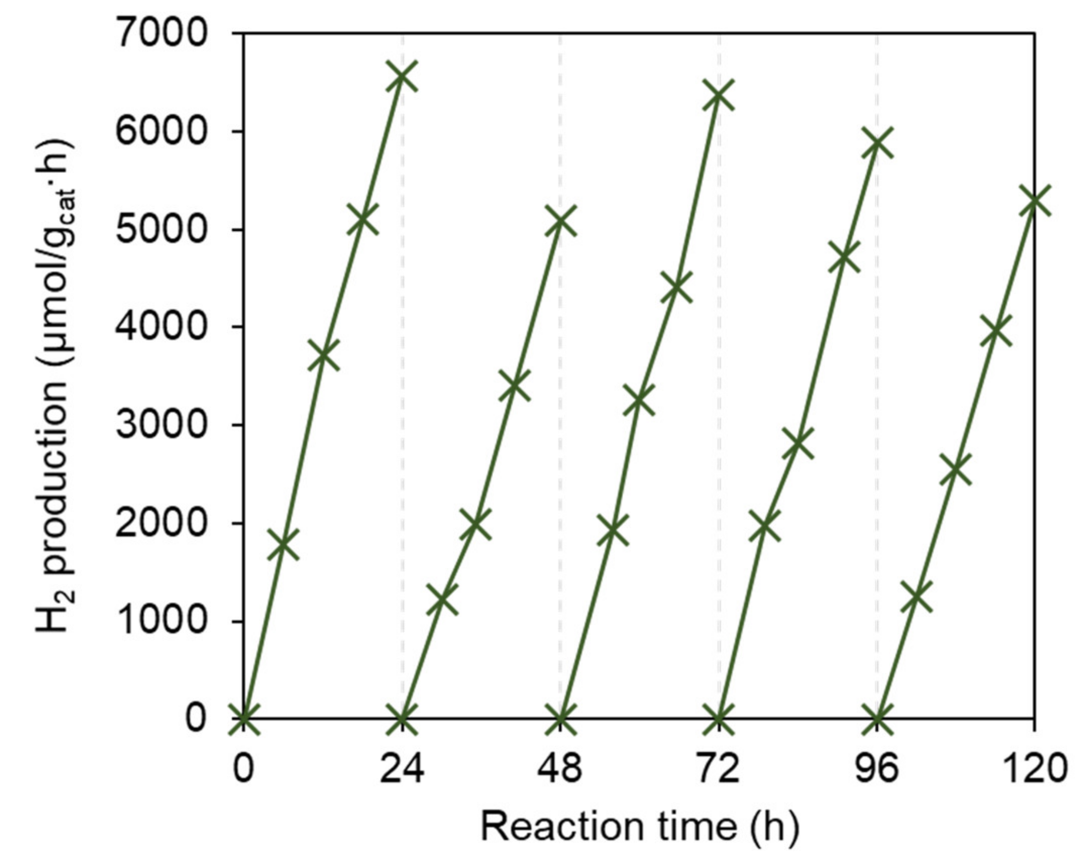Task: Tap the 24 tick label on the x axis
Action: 402,770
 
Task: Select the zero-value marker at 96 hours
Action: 877,718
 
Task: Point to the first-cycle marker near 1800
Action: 283,545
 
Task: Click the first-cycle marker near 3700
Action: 323,356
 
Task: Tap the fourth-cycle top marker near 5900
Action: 877,143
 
